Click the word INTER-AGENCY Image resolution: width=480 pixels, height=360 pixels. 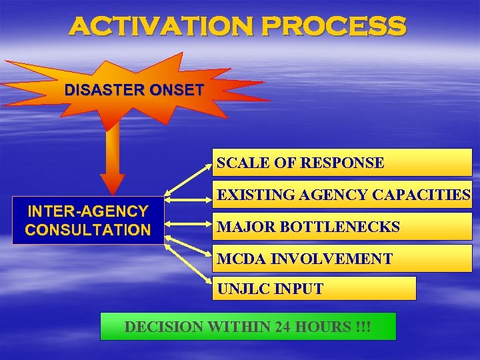coord(87,211)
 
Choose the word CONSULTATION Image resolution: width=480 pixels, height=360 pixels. coord(87,231)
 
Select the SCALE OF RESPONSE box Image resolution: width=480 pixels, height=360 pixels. coord(342,163)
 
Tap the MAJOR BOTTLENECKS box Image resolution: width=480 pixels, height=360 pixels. coord(342,227)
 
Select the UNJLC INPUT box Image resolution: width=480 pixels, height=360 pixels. coord(314,289)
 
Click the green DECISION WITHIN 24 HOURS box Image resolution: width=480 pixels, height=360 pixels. coord(248,327)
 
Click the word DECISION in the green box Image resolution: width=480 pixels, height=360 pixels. coord(163,327)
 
